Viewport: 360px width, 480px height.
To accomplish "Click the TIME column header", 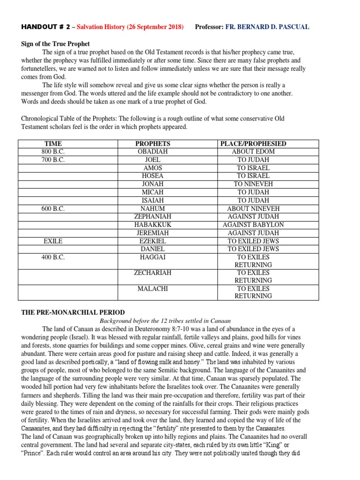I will (53, 143).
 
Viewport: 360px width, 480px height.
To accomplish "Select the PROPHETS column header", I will (152, 143).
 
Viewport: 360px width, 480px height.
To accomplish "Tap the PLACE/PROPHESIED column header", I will (253, 143).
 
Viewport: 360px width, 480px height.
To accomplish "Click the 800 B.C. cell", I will (53, 151).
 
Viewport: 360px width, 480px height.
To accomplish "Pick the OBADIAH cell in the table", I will (152, 151).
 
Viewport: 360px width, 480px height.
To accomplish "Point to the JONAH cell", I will (152, 184).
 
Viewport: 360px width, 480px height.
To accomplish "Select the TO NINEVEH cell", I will (253, 184).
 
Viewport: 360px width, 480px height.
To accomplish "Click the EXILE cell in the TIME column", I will (53, 241).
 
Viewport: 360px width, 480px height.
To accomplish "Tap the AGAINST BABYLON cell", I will (253, 225).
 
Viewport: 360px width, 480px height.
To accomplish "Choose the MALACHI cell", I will (152, 288).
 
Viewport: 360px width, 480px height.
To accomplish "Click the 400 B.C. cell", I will (53, 257).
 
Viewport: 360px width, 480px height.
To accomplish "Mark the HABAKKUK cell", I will (152, 225).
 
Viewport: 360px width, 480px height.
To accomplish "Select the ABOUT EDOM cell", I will (253, 151).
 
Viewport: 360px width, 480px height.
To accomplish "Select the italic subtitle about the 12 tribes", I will (165, 321).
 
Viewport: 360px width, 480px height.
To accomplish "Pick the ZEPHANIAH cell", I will (152, 217).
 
